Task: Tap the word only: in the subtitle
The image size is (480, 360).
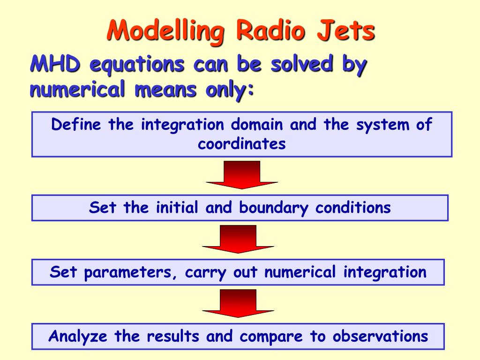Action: [230, 89]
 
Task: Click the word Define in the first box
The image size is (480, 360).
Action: [77, 125]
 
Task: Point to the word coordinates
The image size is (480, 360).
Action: [241, 143]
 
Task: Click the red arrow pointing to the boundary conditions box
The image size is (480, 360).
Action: [242, 175]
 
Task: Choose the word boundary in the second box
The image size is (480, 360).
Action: [275, 208]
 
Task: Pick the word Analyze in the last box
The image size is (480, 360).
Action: [78, 337]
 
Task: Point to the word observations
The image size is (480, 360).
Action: [381, 337]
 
